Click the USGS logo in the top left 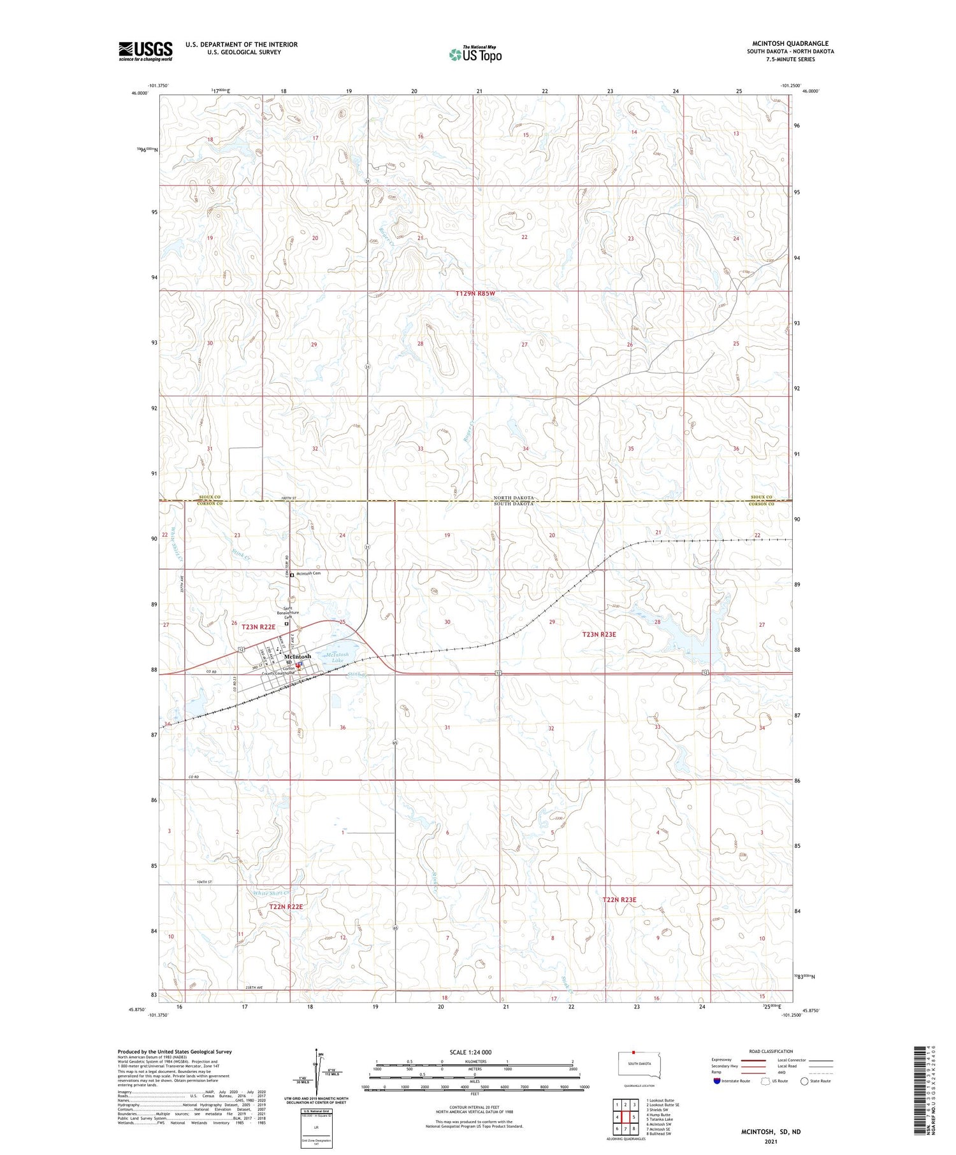[x=145, y=51]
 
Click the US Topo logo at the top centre [x=475, y=55]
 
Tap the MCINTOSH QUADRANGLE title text [x=790, y=43]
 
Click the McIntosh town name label [x=298, y=656]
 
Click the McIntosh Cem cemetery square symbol [x=292, y=575]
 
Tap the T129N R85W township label [x=475, y=294]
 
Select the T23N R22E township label [x=258, y=627]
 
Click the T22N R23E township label [x=619, y=900]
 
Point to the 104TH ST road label [x=204, y=882]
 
